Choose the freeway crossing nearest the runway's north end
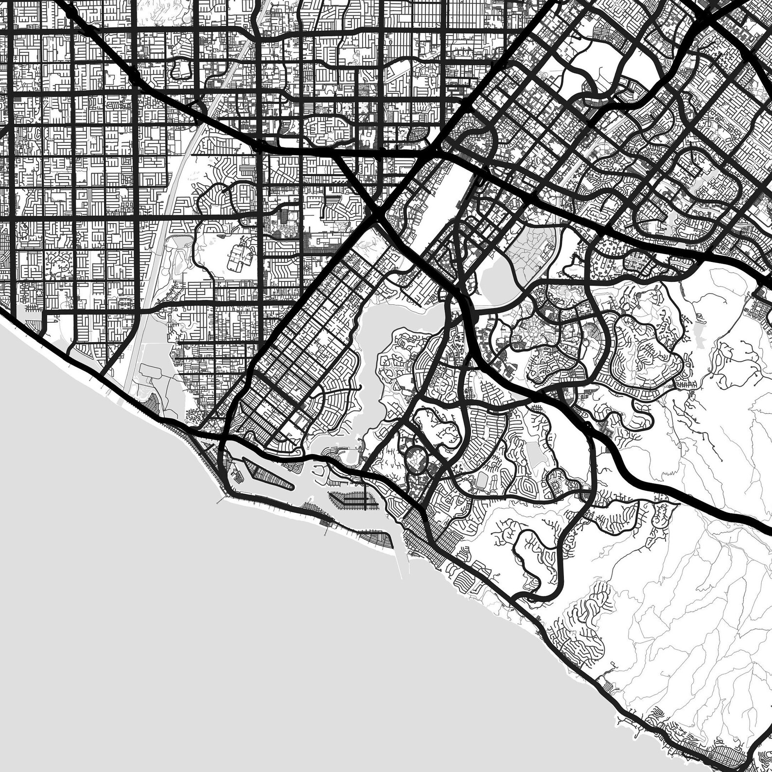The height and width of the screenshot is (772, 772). click(440, 146)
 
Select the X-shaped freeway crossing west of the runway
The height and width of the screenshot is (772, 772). click(377, 214)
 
